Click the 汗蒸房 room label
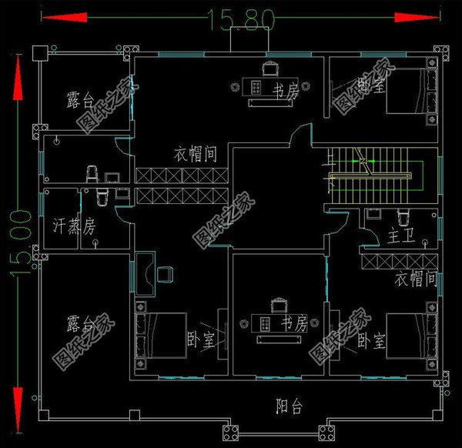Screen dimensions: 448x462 [x=74, y=226]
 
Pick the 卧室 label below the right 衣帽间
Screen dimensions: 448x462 [x=371, y=339]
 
